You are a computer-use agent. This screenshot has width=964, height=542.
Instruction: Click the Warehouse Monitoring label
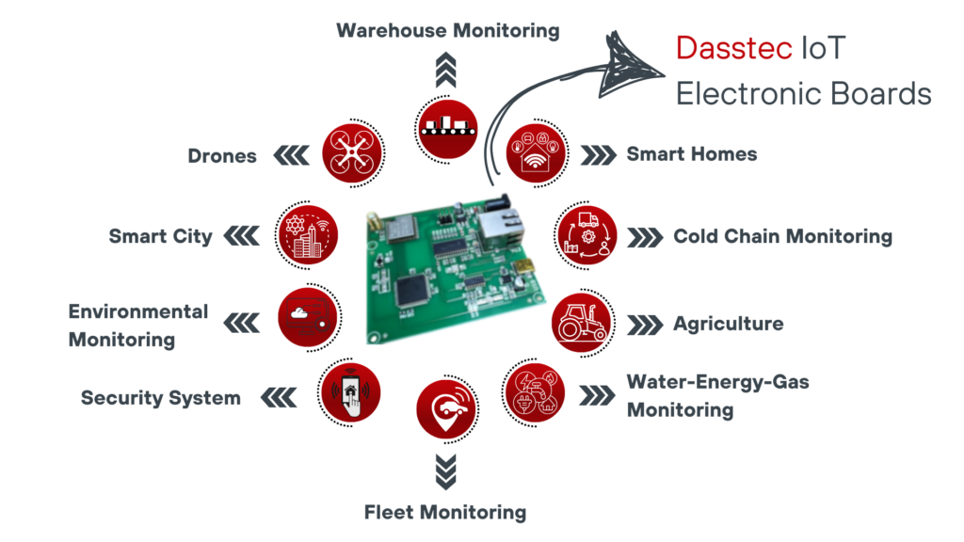click(448, 30)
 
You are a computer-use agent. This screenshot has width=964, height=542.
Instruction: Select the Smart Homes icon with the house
click(538, 153)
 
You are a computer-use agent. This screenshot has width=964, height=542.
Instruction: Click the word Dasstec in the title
click(734, 48)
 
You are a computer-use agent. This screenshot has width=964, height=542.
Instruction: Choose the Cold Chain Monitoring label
click(782, 236)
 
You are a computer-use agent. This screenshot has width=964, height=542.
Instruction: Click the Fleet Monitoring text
click(444, 512)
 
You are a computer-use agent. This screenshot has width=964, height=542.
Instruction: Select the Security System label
click(161, 398)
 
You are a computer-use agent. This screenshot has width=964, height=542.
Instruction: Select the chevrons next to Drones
click(289, 155)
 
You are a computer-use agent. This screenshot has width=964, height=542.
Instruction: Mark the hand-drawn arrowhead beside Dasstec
click(632, 58)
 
